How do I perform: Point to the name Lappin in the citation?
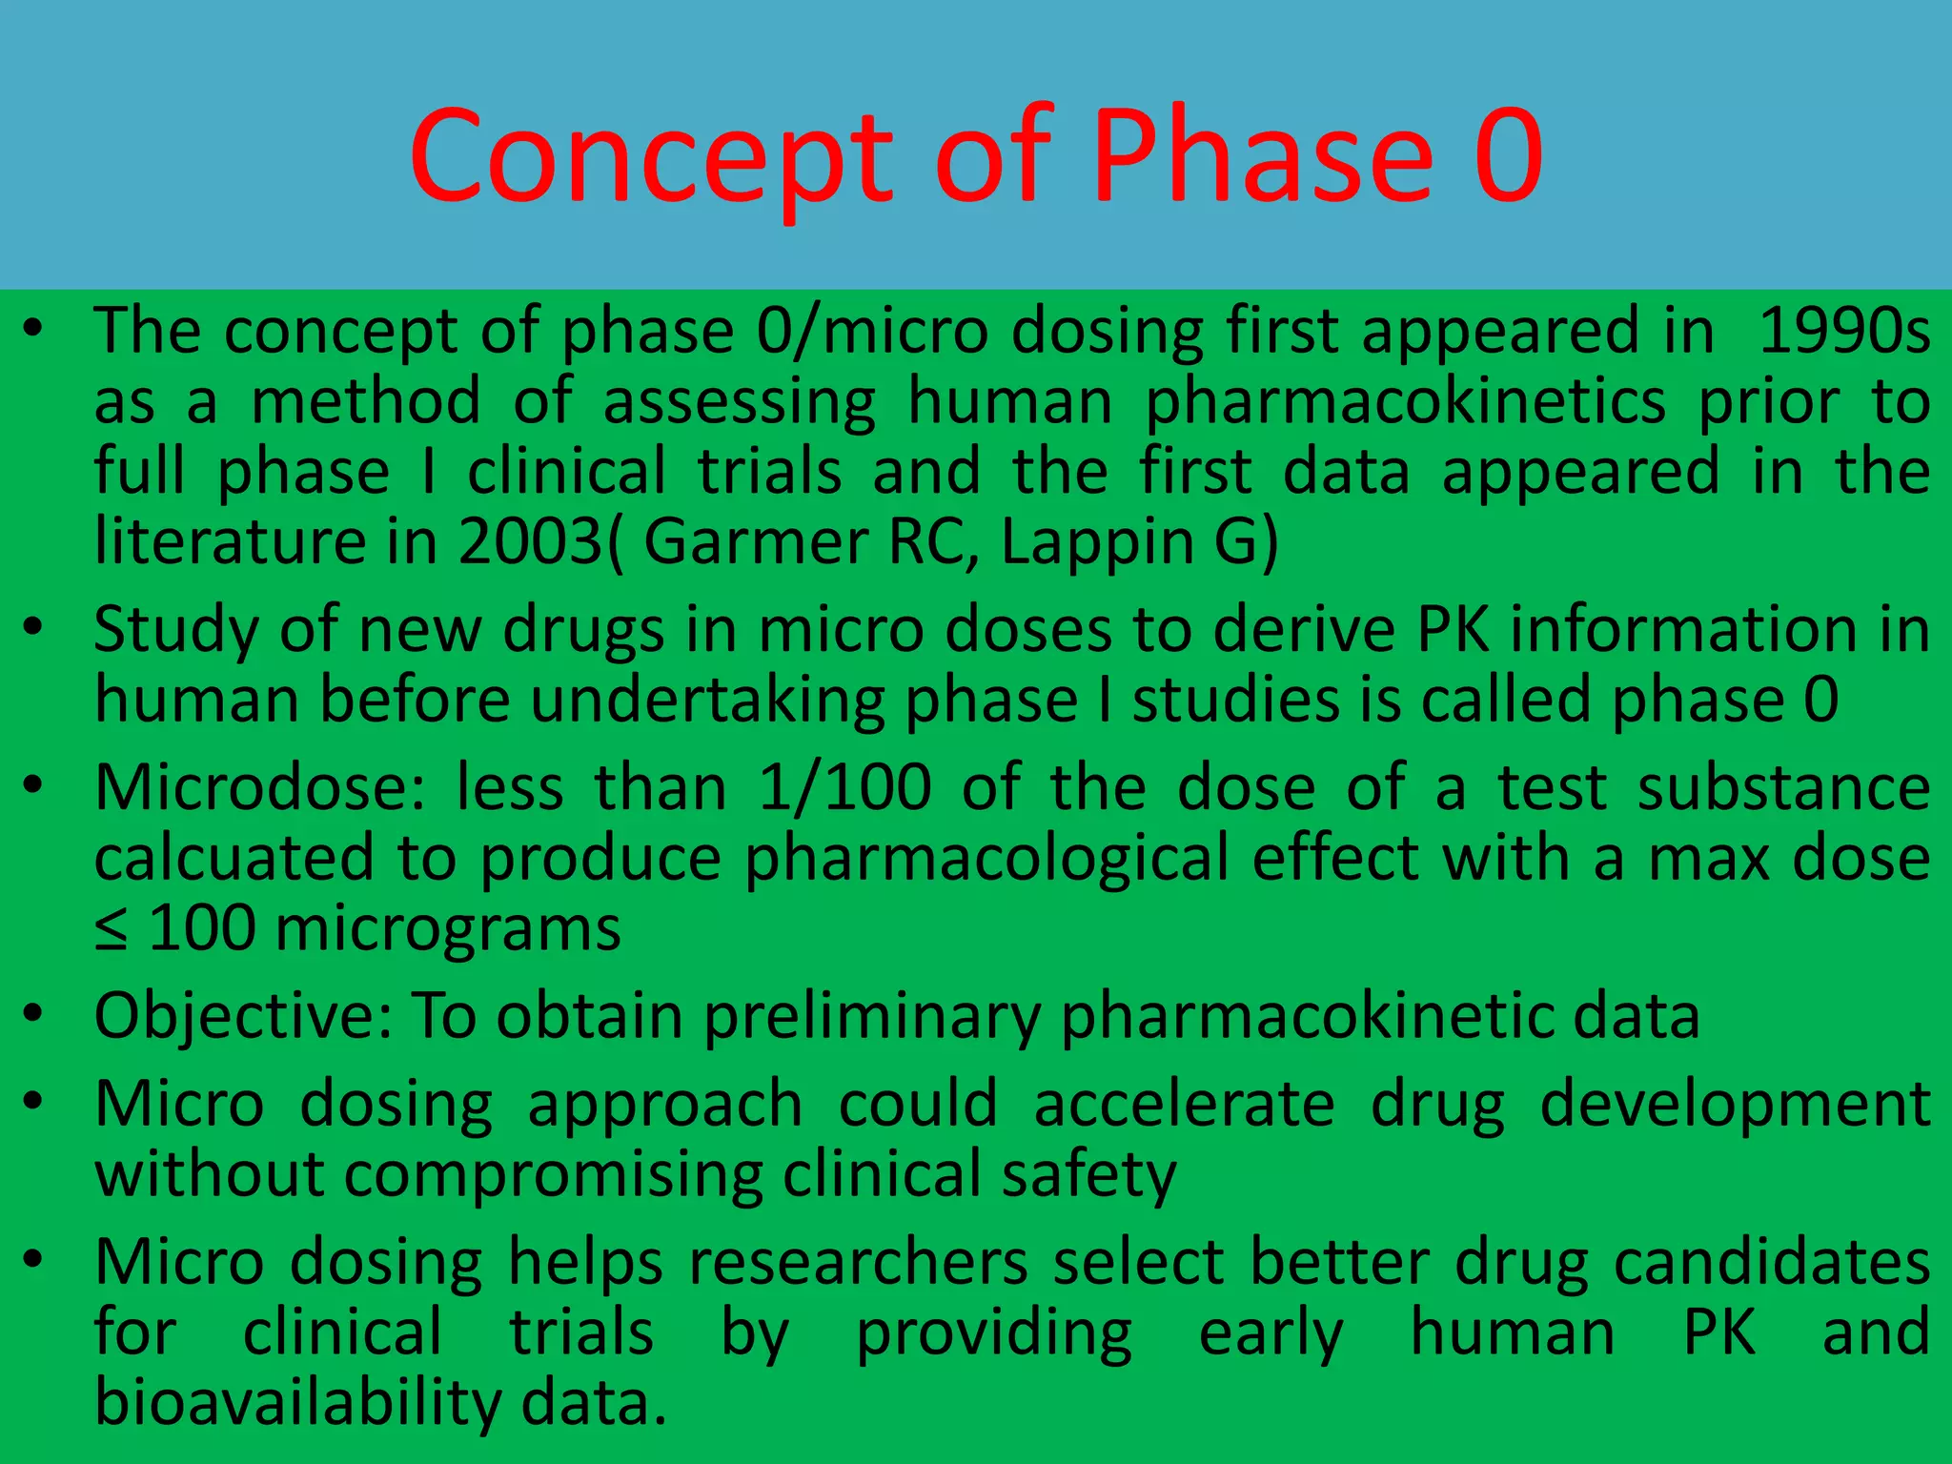pyautogui.click(x=1096, y=543)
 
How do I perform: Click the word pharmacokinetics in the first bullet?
pyautogui.click(x=1405, y=402)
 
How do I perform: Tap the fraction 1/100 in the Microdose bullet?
pyautogui.click(x=844, y=788)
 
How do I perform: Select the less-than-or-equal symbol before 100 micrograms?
pyautogui.click(x=112, y=929)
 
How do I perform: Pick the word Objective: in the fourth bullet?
pyautogui.click(x=243, y=1016)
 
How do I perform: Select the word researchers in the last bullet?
pyautogui.click(x=858, y=1263)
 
